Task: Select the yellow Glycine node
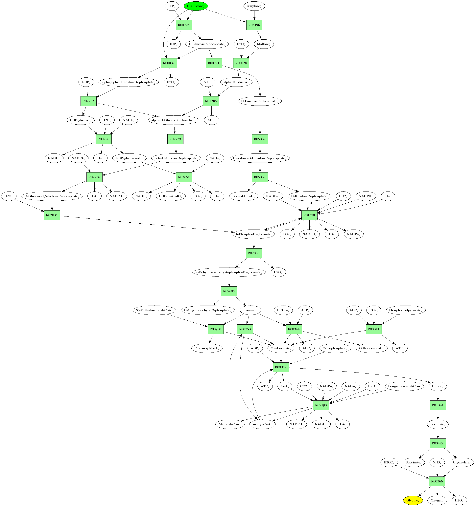click(x=413, y=500)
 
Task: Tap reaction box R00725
click(x=184, y=25)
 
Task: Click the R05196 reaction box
click(x=254, y=25)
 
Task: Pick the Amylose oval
click(x=254, y=6)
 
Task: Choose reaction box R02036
click(x=253, y=253)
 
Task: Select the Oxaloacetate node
click(x=281, y=348)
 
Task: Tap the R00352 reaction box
click(x=281, y=367)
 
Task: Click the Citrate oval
click(x=438, y=386)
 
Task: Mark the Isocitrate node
click(x=438, y=424)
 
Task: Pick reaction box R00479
click(x=438, y=443)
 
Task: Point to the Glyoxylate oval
click(x=462, y=462)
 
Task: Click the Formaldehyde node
click(x=243, y=196)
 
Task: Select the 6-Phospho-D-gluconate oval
click(x=253, y=234)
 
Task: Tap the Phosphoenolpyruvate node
click(x=405, y=310)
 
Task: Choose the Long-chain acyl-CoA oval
click(x=404, y=386)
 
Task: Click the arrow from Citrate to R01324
click(x=438, y=395)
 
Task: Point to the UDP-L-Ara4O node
click(x=170, y=196)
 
